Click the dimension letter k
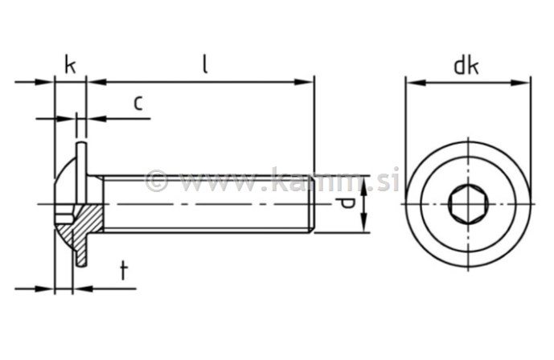click(x=70, y=65)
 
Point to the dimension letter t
click(x=123, y=271)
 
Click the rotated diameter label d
click(x=346, y=204)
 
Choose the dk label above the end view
click(x=466, y=65)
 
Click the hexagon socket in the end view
click(x=467, y=204)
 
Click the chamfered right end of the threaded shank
click(x=311, y=204)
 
